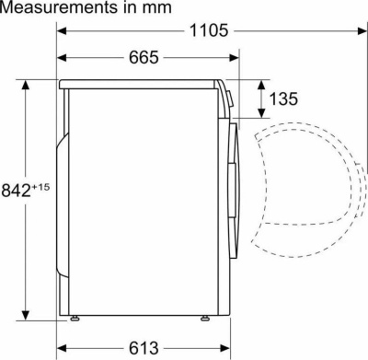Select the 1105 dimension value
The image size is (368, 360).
pyautogui.click(x=209, y=30)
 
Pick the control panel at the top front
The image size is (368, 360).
pyautogui.click(x=226, y=98)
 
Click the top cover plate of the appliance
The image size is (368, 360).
pyautogui.click(x=138, y=84)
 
